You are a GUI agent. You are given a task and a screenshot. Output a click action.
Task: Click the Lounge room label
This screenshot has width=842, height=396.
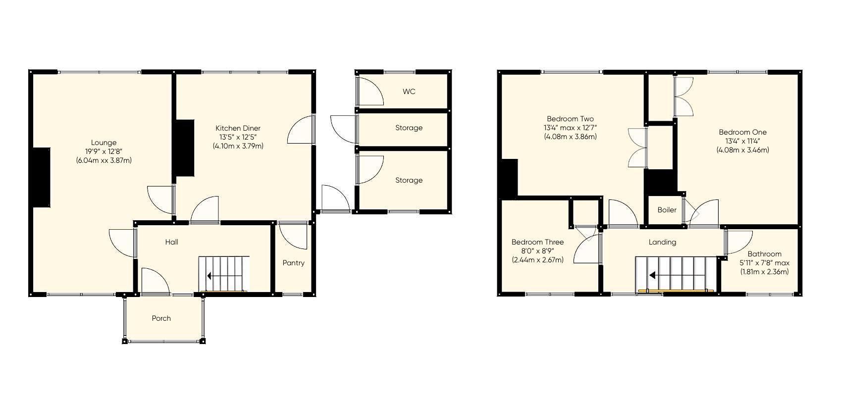104,143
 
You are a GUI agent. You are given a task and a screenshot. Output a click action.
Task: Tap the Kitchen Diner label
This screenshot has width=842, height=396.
238,128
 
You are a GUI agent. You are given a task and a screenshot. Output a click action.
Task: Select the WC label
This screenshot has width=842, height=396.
409,92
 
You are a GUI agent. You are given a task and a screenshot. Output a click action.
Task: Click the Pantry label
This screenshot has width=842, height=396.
293,263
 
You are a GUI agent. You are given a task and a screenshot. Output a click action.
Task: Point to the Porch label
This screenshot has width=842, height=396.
161,318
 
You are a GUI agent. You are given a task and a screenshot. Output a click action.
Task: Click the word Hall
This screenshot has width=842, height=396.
171,242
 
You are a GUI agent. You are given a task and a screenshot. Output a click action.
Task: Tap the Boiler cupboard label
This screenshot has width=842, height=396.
667,210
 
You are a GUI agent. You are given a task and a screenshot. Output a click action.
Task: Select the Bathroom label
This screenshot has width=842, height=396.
764,254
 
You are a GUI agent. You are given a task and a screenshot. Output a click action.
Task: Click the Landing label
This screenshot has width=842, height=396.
662,242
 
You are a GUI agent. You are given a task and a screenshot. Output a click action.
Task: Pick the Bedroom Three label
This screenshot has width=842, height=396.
537,242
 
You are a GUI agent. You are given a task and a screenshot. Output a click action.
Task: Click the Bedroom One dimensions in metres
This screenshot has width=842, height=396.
742,149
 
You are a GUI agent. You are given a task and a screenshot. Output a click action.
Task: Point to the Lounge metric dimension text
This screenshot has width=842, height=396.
104,160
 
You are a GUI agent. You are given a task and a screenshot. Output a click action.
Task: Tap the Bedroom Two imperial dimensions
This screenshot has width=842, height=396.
570,128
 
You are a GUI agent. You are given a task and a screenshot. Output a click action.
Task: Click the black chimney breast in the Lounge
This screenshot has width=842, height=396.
41,177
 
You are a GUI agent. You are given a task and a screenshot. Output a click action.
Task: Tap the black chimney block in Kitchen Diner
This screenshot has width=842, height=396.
184,148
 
